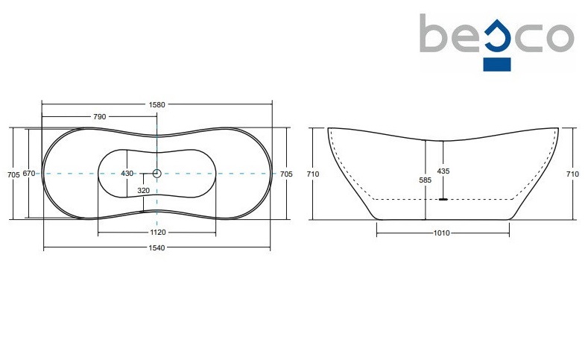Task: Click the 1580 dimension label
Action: click(x=157, y=104)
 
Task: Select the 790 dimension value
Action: click(x=99, y=116)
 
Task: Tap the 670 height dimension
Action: click(x=29, y=173)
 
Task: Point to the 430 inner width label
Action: click(x=127, y=174)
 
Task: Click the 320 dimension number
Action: click(x=143, y=191)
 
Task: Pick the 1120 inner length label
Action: click(x=158, y=233)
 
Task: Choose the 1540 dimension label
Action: click(x=157, y=248)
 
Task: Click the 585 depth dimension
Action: click(x=426, y=180)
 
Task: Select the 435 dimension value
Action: click(x=443, y=171)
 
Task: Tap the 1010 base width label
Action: click(x=442, y=233)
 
